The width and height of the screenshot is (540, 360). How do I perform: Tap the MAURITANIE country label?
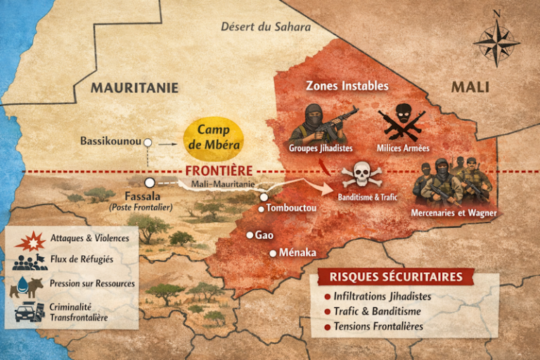[134, 88]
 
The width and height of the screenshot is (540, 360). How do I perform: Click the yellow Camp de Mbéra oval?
[214, 136]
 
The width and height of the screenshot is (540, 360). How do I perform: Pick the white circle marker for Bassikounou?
[148, 143]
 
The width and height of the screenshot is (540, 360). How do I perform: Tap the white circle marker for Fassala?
[149, 182]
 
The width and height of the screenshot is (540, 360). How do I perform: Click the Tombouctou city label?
[291, 209]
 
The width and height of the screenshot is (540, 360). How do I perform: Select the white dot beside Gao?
[249, 236]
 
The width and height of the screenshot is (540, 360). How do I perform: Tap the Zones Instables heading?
[347, 86]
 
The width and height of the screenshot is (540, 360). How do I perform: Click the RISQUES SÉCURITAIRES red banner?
[397, 276]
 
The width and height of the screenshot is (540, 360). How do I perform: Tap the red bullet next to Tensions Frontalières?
[327, 327]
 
